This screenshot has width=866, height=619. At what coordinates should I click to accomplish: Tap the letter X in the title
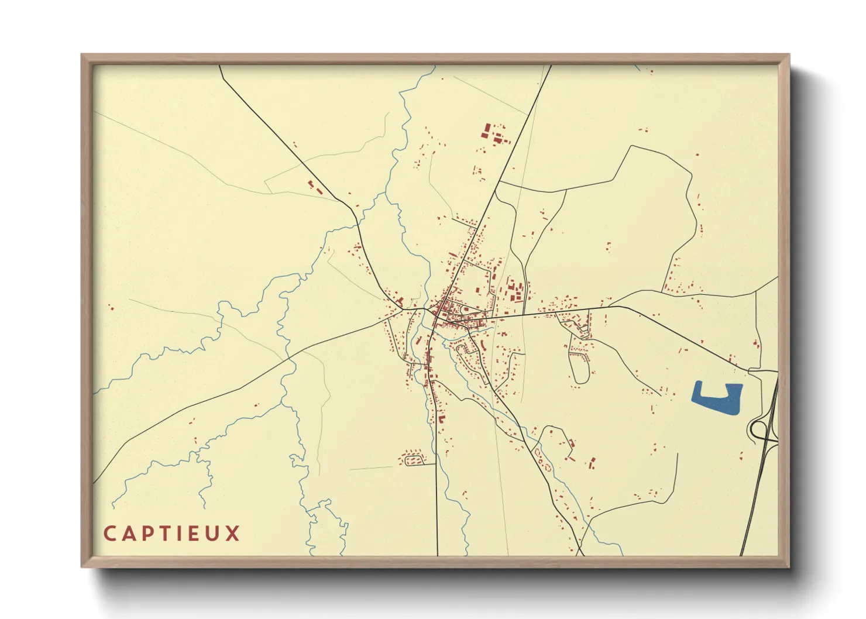(x=233, y=534)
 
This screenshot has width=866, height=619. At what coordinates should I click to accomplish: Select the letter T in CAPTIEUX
(x=163, y=534)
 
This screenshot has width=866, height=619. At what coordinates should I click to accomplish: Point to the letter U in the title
(x=214, y=534)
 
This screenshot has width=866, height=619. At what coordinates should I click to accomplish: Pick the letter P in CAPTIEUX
(x=146, y=534)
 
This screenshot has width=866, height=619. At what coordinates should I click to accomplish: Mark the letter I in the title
(x=179, y=534)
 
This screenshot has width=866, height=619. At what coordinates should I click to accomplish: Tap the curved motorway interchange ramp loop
(x=758, y=431)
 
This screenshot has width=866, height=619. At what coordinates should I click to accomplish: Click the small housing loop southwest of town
(x=412, y=458)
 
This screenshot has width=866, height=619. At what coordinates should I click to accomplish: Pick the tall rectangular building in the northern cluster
(x=485, y=130)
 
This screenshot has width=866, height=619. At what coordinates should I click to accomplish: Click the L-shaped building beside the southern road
(x=441, y=419)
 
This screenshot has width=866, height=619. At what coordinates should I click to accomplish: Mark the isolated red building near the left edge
(x=111, y=307)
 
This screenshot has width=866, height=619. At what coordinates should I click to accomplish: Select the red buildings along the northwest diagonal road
(x=315, y=187)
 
